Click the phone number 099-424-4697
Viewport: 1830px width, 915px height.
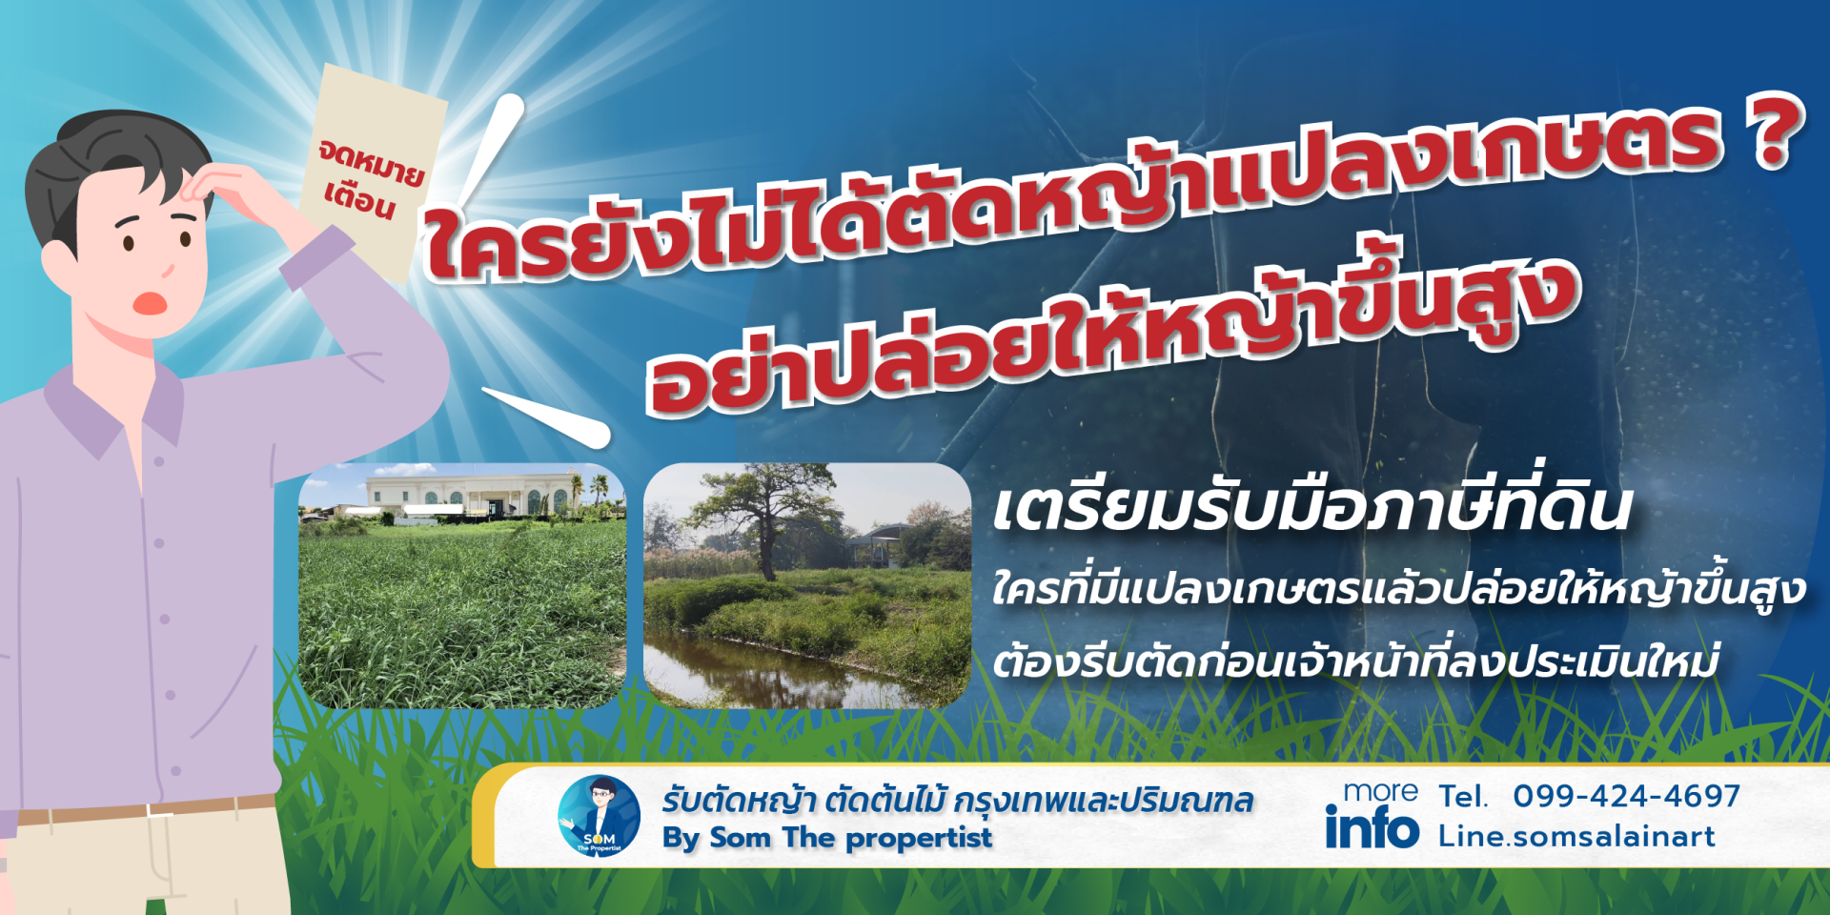[1626, 796]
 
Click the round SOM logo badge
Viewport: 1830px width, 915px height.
[599, 816]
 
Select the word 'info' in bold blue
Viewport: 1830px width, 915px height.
[1372, 826]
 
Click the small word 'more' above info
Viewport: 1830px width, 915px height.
[1380, 792]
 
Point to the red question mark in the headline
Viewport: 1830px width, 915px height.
[1772, 132]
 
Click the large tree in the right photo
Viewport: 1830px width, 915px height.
[762, 519]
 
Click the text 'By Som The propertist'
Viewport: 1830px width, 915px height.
[827, 838]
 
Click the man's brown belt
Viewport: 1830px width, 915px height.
[143, 810]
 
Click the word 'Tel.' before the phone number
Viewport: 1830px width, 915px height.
[1462, 797]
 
